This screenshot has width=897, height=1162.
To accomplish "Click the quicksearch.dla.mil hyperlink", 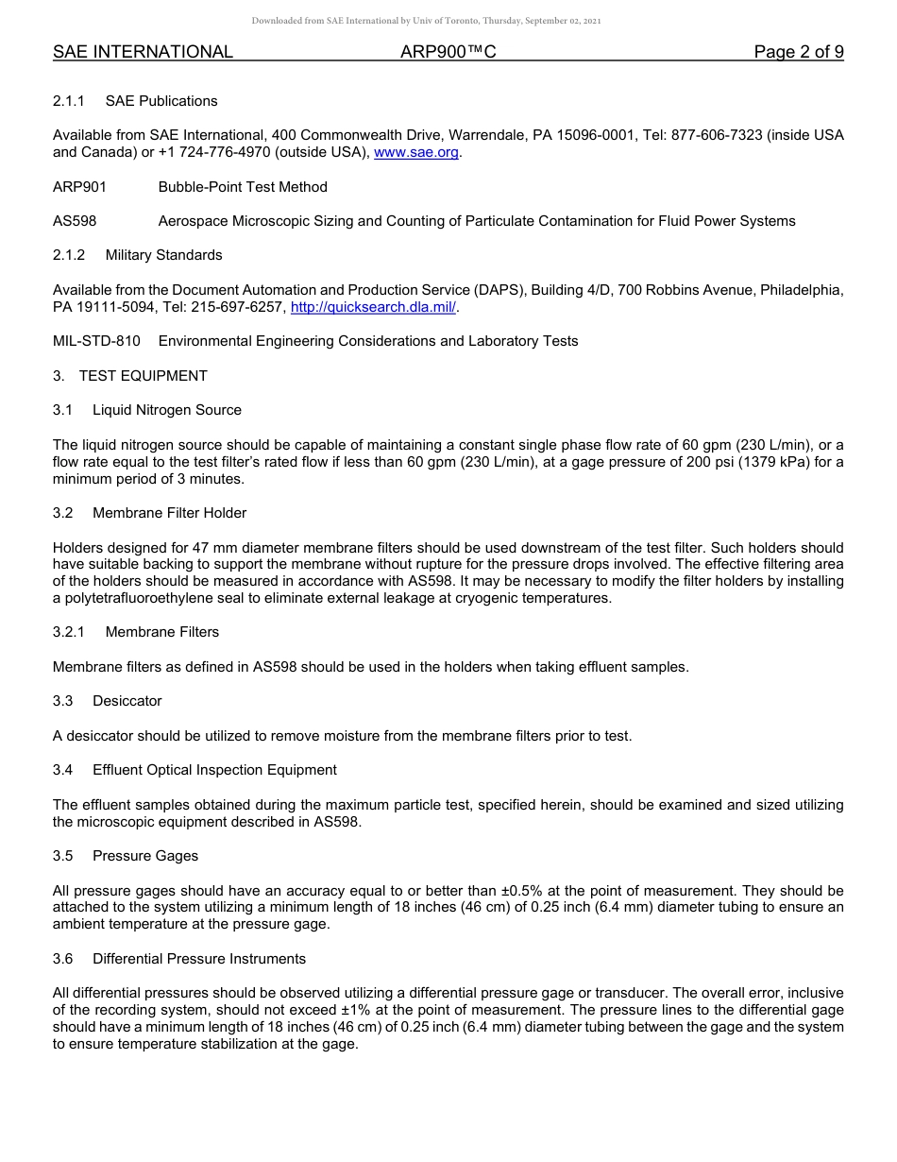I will pos(374,307).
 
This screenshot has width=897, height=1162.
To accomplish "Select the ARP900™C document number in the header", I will pos(448,53).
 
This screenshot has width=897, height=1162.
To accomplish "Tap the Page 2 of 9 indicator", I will pos(798,53).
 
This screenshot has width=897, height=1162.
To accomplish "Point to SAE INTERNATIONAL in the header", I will pos(143,53).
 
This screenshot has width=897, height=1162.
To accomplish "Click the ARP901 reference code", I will pos(79,187).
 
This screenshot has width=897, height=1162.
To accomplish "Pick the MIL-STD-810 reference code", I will pos(96,341).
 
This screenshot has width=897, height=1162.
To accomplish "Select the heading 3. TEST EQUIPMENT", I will pos(130,376).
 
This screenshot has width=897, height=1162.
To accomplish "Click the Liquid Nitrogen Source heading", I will pos(167,410).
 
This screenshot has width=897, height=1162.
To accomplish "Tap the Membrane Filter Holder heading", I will pos(170,513).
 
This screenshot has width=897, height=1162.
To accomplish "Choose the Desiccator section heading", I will pos(127,701).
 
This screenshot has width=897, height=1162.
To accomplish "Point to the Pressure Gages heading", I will pos(145,856).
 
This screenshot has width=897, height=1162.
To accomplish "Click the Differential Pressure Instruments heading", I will pos(199,959).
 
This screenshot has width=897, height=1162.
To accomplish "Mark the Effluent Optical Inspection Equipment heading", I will pos(214,770).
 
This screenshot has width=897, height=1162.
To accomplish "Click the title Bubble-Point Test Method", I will pos(243,187).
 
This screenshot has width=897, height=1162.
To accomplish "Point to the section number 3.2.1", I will pos(69,632).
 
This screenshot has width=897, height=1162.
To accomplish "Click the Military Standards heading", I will pos(164,255).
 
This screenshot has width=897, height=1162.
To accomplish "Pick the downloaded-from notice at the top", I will pos(426,21).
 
